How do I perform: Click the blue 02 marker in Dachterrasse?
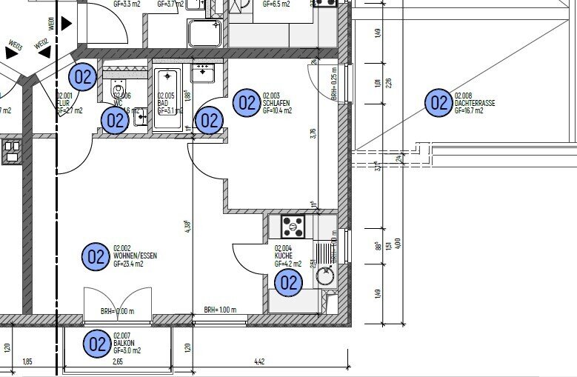[x=438, y=103]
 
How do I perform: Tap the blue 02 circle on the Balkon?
[x=97, y=344]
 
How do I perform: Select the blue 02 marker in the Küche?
[x=288, y=281]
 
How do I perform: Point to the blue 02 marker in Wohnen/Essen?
[x=96, y=256]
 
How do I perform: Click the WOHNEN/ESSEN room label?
[x=135, y=256]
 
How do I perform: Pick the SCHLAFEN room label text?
[x=278, y=102]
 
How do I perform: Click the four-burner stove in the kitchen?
[x=292, y=223]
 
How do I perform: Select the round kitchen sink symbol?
[x=325, y=276]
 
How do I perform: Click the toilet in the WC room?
[x=119, y=92]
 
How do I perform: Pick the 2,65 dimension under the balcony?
[x=118, y=363]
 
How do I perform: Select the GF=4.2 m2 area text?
[x=289, y=264]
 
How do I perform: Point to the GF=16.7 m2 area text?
[x=470, y=111]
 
